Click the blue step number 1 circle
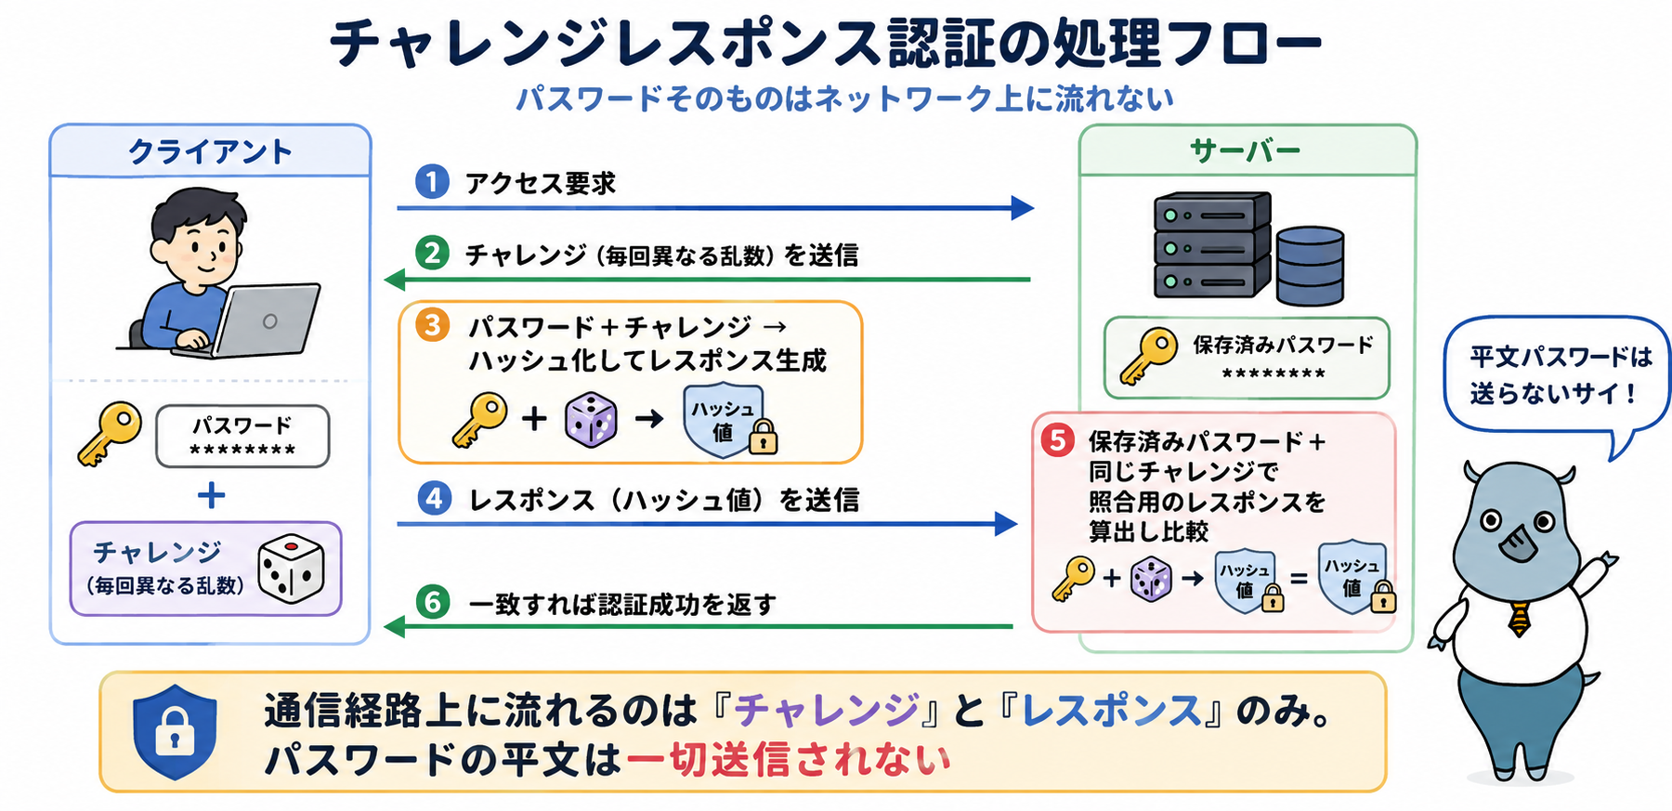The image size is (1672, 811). click(432, 181)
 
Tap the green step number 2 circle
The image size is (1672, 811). click(432, 253)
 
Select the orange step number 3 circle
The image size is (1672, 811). click(433, 325)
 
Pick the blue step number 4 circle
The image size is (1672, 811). click(434, 499)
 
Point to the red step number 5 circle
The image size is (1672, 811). click(1057, 439)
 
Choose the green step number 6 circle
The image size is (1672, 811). click(433, 602)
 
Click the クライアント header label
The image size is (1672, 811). click(210, 151)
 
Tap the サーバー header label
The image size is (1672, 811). click(1245, 150)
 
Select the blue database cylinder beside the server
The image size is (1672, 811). click(1310, 266)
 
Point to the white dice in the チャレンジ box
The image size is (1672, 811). click(291, 569)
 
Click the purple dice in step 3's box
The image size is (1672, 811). click(591, 420)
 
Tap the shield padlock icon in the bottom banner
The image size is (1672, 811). click(175, 731)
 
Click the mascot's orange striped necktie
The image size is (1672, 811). click(1519, 618)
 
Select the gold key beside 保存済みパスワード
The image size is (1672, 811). click(1148, 356)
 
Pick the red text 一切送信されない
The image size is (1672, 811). click(789, 759)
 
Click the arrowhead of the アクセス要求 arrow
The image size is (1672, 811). click(1022, 207)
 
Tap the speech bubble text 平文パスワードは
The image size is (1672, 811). click(1561, 357)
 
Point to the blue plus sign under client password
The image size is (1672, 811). click(212, 495)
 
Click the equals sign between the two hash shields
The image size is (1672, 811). click(1299, 579)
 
